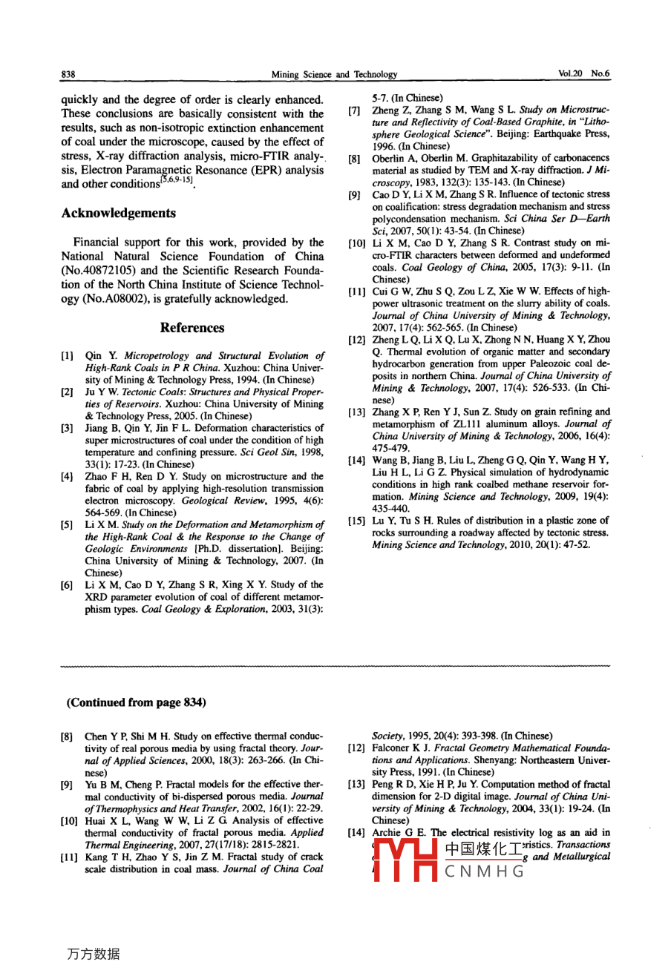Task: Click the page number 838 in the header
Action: pyautogui.click(x=68, y=74)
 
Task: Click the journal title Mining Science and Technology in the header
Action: pyautogui.click(x=334, y=74)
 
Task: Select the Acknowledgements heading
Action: pyautogui.click(x=119, y=214)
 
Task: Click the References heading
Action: pyautogui.click(x=192, y=328)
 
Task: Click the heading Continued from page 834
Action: pyautogui.click(x=137, y=702)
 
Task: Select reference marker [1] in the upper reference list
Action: pyautogui.click(x=67, y=356)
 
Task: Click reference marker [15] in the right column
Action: pyautogui.click(x=356, y=521)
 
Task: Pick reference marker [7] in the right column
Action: pyautogui.click(x=355, y=111)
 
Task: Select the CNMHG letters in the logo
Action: pyautogui.click(x=485, y=871)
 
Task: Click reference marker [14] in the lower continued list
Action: pyautogui.click(x=356, y=832)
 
